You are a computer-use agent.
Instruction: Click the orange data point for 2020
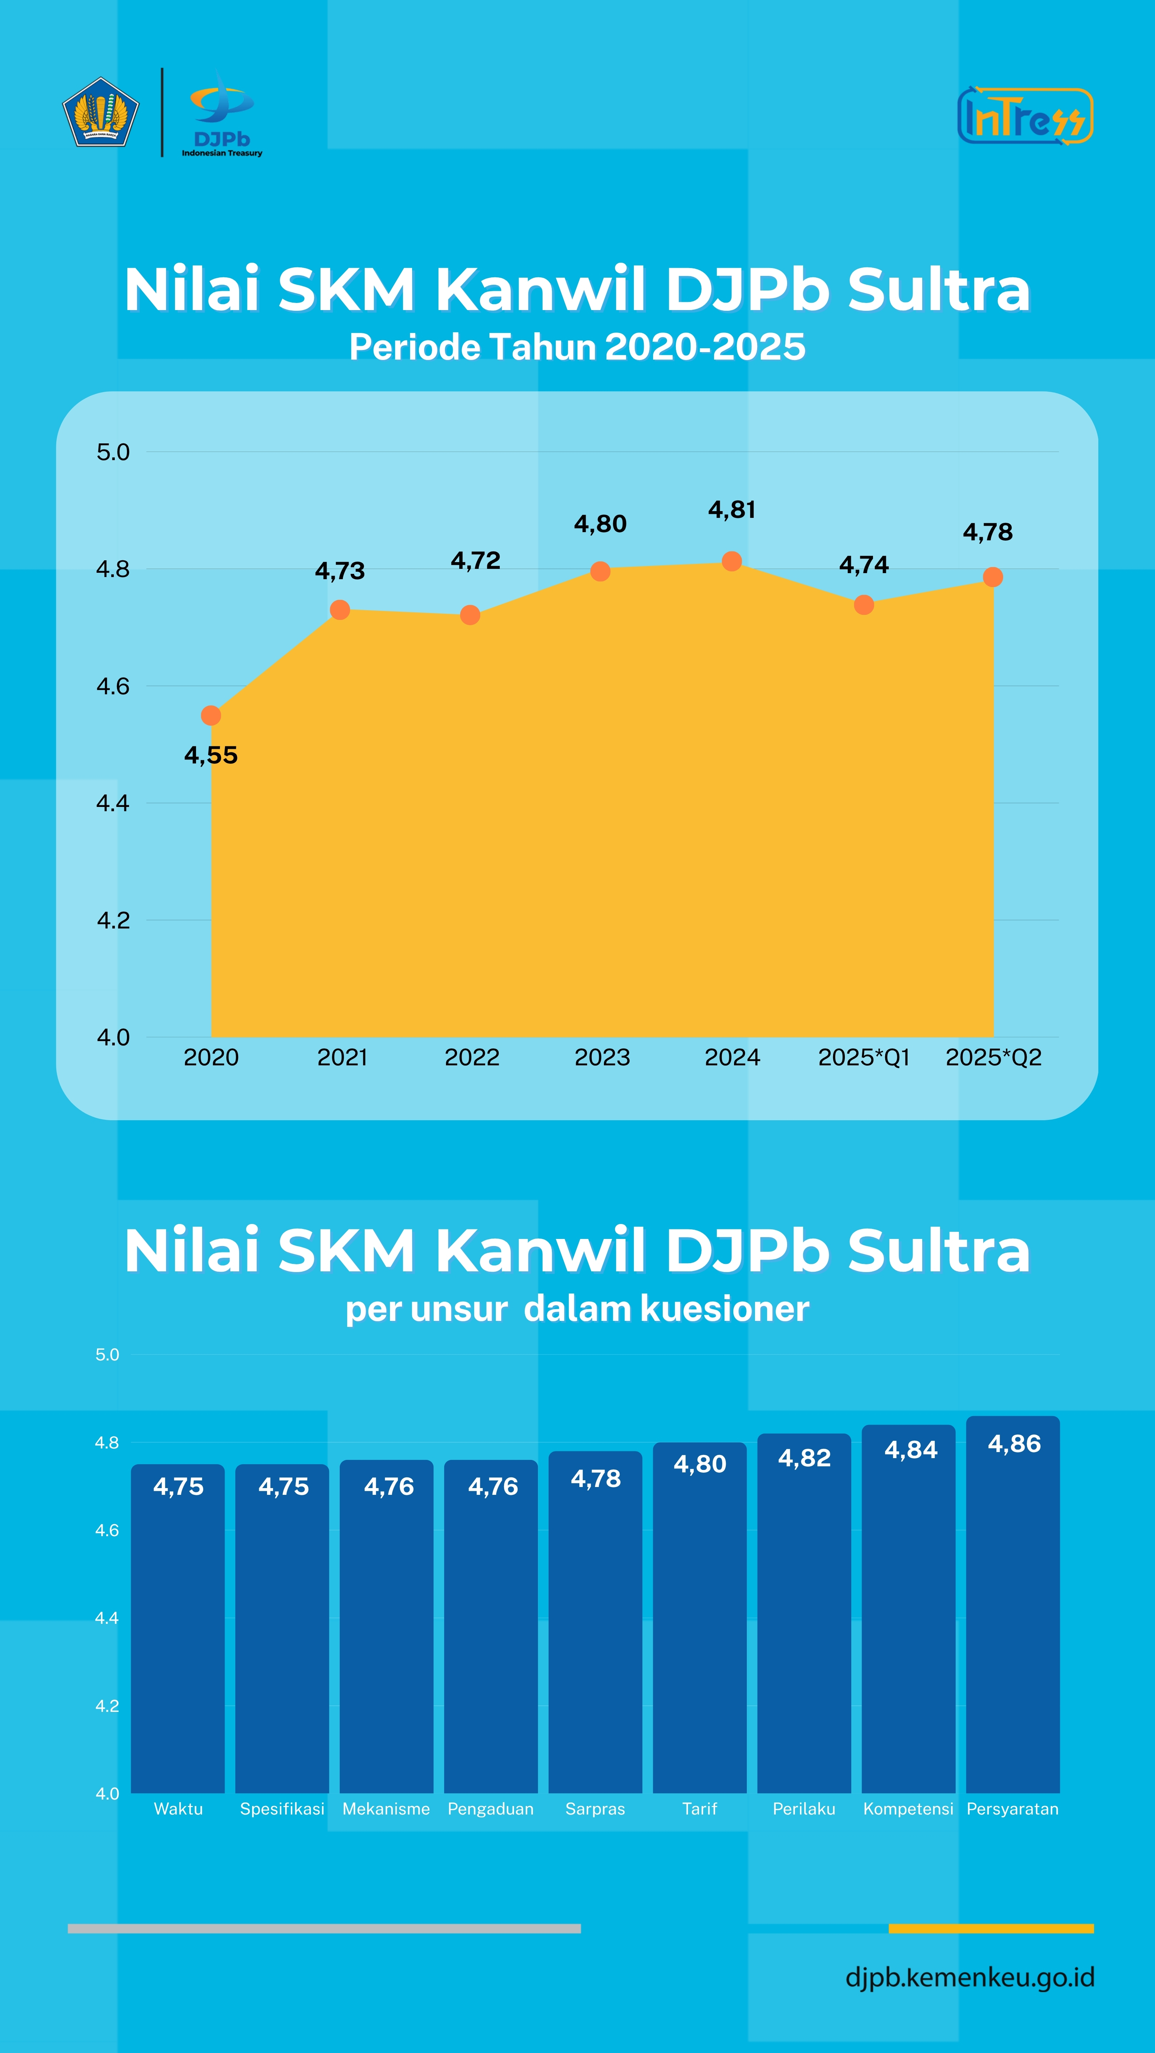point(211,716)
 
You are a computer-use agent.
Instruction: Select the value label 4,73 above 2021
point(340,571)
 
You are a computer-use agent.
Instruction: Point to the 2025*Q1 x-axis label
point(864,1058)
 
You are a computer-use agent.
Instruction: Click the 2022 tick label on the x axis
point(472,1058)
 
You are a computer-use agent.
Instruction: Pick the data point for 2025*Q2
point(992,577)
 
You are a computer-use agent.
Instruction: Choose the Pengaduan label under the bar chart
point(490,1809)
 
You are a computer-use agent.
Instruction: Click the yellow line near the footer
point(991,1929)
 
